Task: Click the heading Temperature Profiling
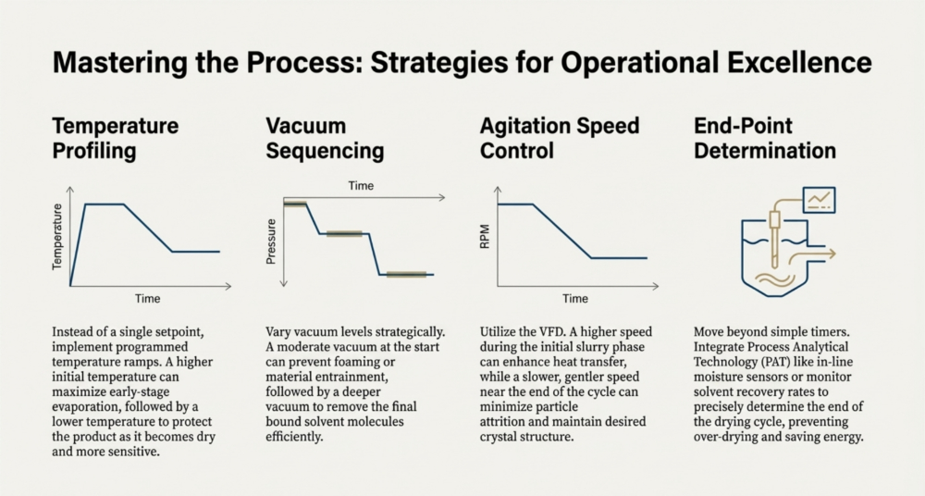coord(115,138)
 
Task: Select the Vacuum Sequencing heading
coord(325,138)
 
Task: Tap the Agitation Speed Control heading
coord(560,138)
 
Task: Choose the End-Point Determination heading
coord(765,138)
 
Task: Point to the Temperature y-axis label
coord(57,237)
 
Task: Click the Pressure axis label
coord(271,242)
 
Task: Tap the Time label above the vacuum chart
coord(361,185)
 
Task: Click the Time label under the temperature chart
coord(147,298)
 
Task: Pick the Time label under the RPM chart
coord(575,298)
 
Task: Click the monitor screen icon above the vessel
coord(819,200)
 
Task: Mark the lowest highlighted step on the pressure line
coord(406,275)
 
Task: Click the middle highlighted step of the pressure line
coord(344,234)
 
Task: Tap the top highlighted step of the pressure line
coord(295,205)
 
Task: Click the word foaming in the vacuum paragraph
coord(372,362)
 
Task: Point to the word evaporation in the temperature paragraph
coord(84,407)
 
